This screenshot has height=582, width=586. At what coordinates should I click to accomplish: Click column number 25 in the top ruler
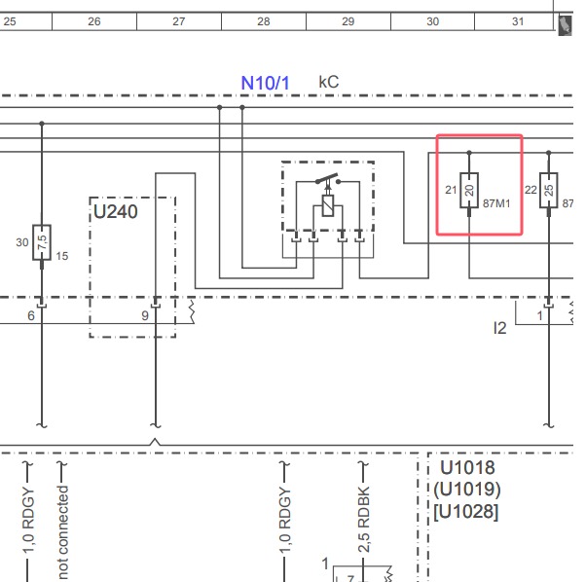(x=10, y=20)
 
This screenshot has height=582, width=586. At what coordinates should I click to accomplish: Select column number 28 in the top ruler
(x=264, y=20)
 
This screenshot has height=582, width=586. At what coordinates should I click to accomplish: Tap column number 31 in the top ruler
(x=517, y=20)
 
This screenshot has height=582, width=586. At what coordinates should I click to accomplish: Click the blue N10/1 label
(x=266, y=83)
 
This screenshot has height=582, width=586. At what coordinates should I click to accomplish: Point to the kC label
(x=329, y=83)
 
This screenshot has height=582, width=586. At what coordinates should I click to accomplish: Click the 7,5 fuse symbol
(x=42, y=240)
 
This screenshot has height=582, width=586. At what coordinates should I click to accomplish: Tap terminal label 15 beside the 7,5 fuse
(x=61, y=256)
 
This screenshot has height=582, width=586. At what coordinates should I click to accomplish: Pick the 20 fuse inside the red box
(x=469, y=190)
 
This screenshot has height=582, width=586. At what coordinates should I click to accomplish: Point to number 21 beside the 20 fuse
(x=451, y=190)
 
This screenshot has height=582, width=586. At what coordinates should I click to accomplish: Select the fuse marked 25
(x=549, y=190)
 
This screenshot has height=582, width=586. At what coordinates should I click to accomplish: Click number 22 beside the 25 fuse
(x=531, y=190)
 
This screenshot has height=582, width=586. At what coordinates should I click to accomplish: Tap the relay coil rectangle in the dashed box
(x=328, y=206)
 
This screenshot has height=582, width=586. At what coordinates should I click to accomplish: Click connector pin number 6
(x=31, y=315)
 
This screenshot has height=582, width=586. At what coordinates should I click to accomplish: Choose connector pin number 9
(x=145, y=315)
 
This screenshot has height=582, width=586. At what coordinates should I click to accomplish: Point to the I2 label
(x=499, y=329)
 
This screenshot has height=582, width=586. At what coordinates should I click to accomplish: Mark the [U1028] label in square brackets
(x=466, y=511)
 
